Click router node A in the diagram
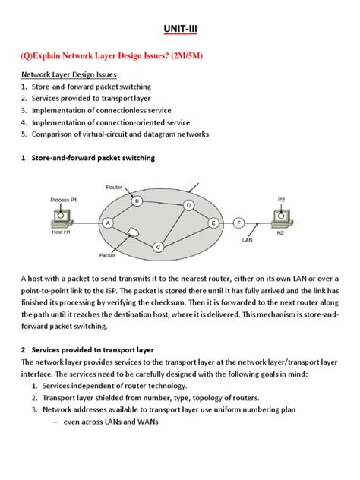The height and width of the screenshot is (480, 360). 109,223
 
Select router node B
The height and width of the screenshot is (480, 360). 137,201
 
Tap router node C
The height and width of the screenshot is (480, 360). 158,247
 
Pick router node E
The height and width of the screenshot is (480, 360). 213,223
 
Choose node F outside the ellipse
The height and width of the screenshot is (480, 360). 240,223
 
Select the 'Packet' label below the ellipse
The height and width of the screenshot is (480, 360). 108,257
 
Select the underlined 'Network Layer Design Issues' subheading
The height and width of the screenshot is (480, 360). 65,76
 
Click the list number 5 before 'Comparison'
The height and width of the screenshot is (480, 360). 24,134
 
